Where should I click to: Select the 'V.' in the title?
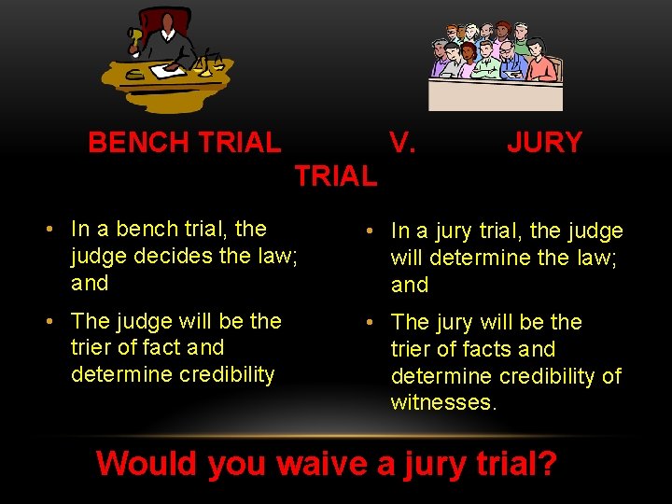click(402, 143)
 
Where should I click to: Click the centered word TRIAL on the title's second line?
click(336, 175)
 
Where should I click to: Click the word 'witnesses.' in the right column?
click(443, 402)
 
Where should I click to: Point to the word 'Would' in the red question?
click(147, 463)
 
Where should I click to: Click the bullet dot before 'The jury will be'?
click(371, 323)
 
